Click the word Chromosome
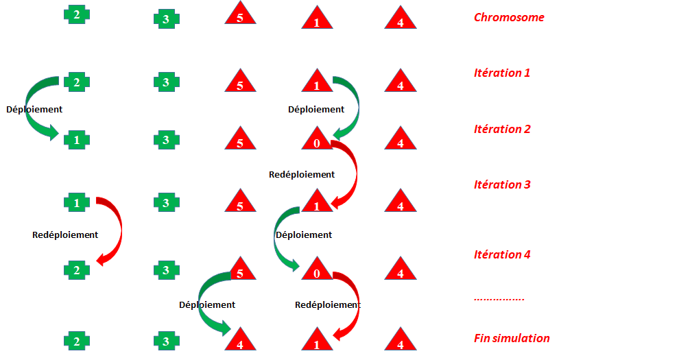tap(509, 17)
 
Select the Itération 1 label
tap(502, 73)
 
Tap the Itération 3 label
tap(502, 184)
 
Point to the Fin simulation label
tap(512, 338)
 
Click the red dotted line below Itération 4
tap(499, 300)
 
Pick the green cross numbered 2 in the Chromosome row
tap(77, 14)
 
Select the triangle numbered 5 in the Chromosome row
tap(240, 15)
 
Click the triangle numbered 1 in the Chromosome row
tap(317, 19)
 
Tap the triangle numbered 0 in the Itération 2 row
tap(317, 141)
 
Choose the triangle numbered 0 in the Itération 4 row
tap(317, 271)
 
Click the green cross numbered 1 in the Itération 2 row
tap(77, 140)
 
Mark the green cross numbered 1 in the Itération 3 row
tap(77, 203)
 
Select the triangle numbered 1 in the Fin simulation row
tap(317, 341)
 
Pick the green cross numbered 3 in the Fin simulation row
tap(166, 341)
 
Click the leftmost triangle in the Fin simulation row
tap(240, 341)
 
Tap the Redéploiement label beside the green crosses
tap(65, 235)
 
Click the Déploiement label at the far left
tap(34, 109)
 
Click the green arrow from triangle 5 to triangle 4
tap(204, 302)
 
